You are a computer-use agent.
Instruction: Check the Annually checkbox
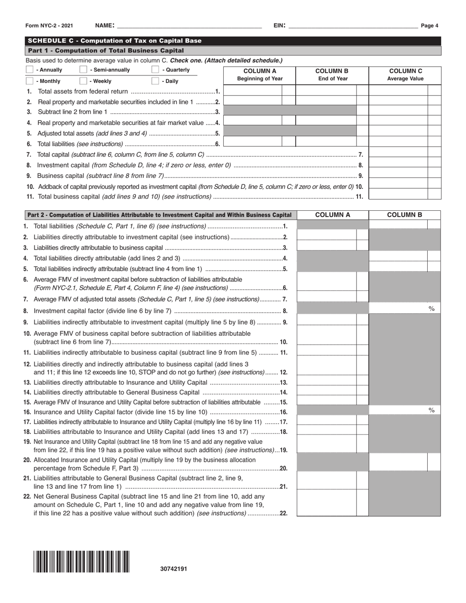[29, 70]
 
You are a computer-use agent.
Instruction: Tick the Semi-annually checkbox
[83, 70]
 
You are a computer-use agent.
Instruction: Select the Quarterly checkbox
[155, 70]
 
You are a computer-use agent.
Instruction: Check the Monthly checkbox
[29, 81]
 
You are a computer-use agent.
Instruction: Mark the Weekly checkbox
[83, 81]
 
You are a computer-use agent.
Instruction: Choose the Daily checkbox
[155, 81]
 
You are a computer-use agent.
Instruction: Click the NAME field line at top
[189, 25]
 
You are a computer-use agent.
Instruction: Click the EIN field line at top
[353, 25]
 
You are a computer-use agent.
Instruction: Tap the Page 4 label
[429, 26]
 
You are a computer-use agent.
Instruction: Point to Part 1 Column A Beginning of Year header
[260, 75]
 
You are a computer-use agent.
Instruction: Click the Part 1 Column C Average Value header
[405, 75]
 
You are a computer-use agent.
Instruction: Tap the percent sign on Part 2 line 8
[432, 308]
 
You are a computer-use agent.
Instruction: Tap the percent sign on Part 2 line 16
[432, 410]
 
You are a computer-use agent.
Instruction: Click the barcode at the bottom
[81, 561]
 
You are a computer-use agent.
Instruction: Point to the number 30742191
[174, 569]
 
